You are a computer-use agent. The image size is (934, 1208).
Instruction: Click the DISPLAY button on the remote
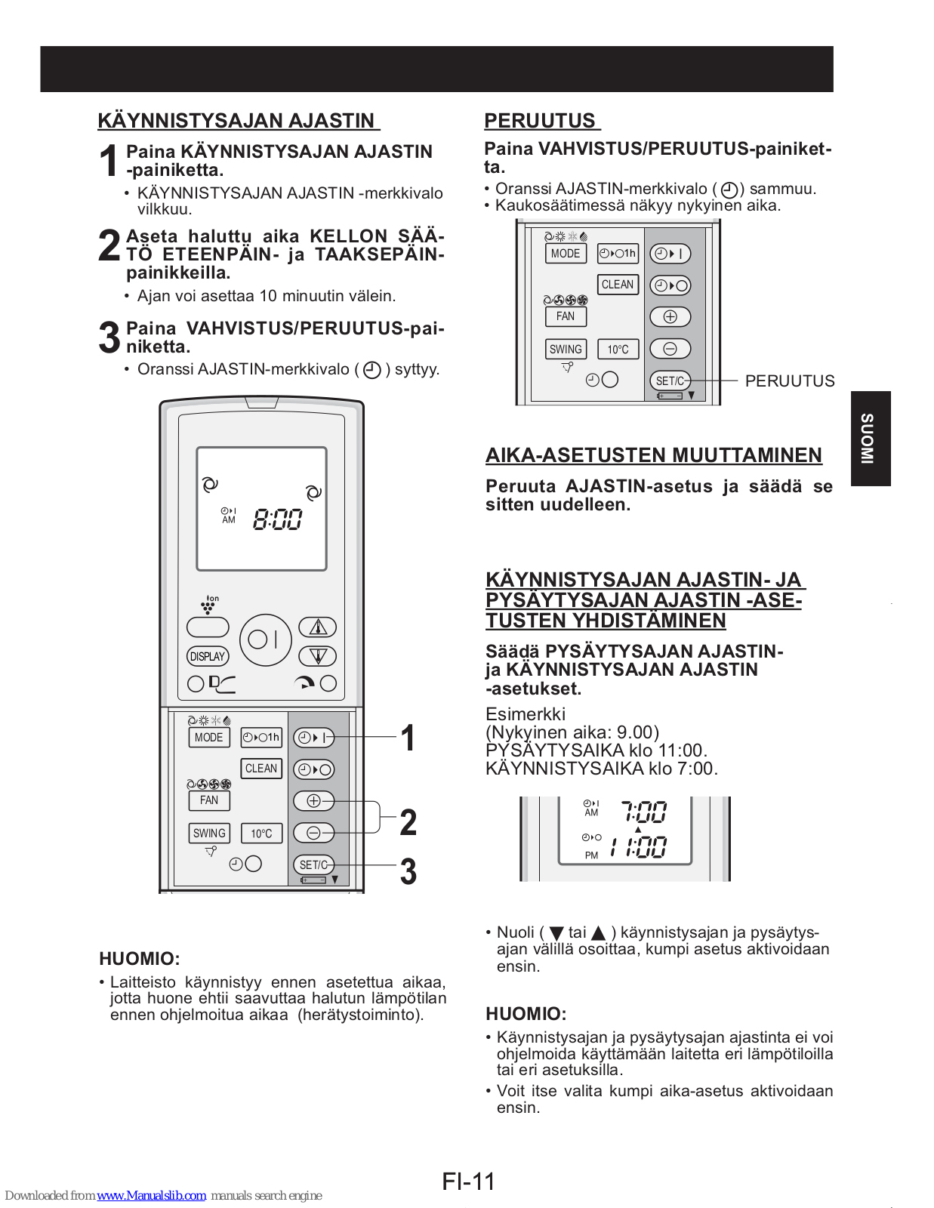(x=208, y=656)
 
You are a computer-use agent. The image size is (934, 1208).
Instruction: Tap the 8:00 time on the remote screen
(x=277, y=519)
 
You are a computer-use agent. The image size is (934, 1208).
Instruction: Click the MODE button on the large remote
(x=208, y=738)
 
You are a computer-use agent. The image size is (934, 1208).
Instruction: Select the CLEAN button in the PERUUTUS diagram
(x=618, y=285)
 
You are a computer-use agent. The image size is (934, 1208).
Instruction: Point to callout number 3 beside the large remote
(x=408, y=871)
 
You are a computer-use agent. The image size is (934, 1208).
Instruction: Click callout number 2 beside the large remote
(x=408, y=822)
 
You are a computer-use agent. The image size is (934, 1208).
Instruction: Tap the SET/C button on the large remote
(x=313, y=864)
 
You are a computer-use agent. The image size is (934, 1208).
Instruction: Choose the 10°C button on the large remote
(x=261, y=834)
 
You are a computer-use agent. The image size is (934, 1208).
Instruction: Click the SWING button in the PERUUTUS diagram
(x=566, y=349)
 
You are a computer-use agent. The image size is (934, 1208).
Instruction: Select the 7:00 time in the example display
(x=644, y=812)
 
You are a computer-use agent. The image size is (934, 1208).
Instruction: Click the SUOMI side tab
(x=870, y=438)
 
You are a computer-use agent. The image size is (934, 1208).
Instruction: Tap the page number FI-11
(x=468, y=1181)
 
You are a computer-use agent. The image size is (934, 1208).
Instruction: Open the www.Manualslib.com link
(x=151, y=1196)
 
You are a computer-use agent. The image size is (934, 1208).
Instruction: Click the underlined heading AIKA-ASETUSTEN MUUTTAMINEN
(x=654, y=455)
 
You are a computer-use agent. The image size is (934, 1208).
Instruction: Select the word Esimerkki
(x=526, y=714)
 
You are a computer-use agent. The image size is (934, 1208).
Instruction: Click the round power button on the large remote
(x=265, y=639)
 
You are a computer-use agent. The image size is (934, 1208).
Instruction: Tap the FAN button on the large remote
(x=209, y=800)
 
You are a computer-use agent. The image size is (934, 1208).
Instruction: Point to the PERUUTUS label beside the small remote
(x=790, y=381)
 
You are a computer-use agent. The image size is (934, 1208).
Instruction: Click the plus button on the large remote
(x=313, y=800)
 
